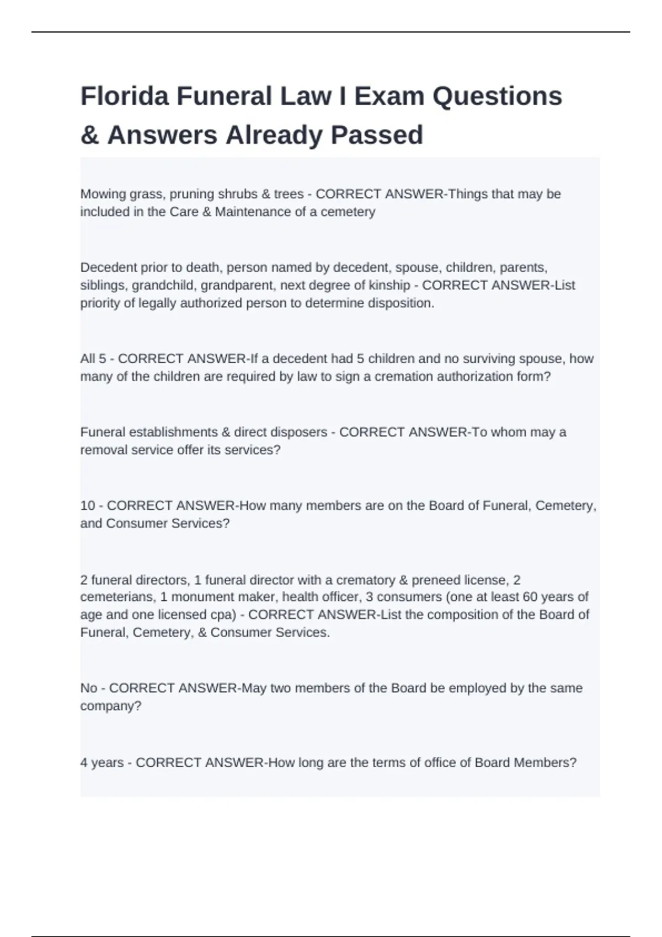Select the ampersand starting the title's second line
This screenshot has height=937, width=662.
[89, 135]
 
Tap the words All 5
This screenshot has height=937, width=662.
[93, 359]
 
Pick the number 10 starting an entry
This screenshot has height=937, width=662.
[88, 505]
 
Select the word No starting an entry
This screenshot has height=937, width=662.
[89, 688]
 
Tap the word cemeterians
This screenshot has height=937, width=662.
[116, 597]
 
